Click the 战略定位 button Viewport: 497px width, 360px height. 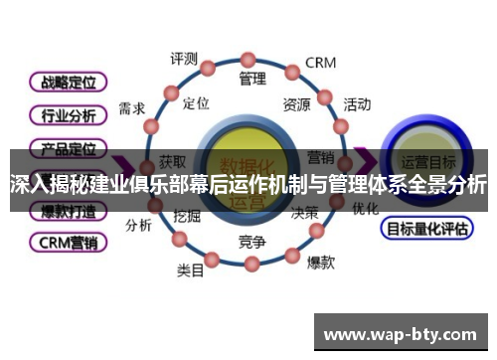pos(69,82)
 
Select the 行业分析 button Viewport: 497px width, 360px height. pos(69,114)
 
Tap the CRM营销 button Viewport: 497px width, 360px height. pos(69,242)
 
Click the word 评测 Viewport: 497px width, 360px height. pos(184,58)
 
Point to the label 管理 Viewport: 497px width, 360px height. pos(252,78)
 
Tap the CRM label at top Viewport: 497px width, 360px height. pos(320,63)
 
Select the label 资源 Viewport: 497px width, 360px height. pos(295,104)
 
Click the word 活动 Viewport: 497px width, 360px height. pos(357,103)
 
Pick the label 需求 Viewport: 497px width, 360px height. pos(131,108)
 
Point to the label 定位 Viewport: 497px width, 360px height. pos(197,102)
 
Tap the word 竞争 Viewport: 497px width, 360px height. pos(252,242)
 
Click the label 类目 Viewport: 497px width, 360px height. pos(191,270)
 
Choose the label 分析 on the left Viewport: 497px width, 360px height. pos(138,225)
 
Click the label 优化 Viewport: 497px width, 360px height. pos(365,210)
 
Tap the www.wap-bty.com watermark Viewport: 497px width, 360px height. pos(401,333)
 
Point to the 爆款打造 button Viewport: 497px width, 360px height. pos(69,211)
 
